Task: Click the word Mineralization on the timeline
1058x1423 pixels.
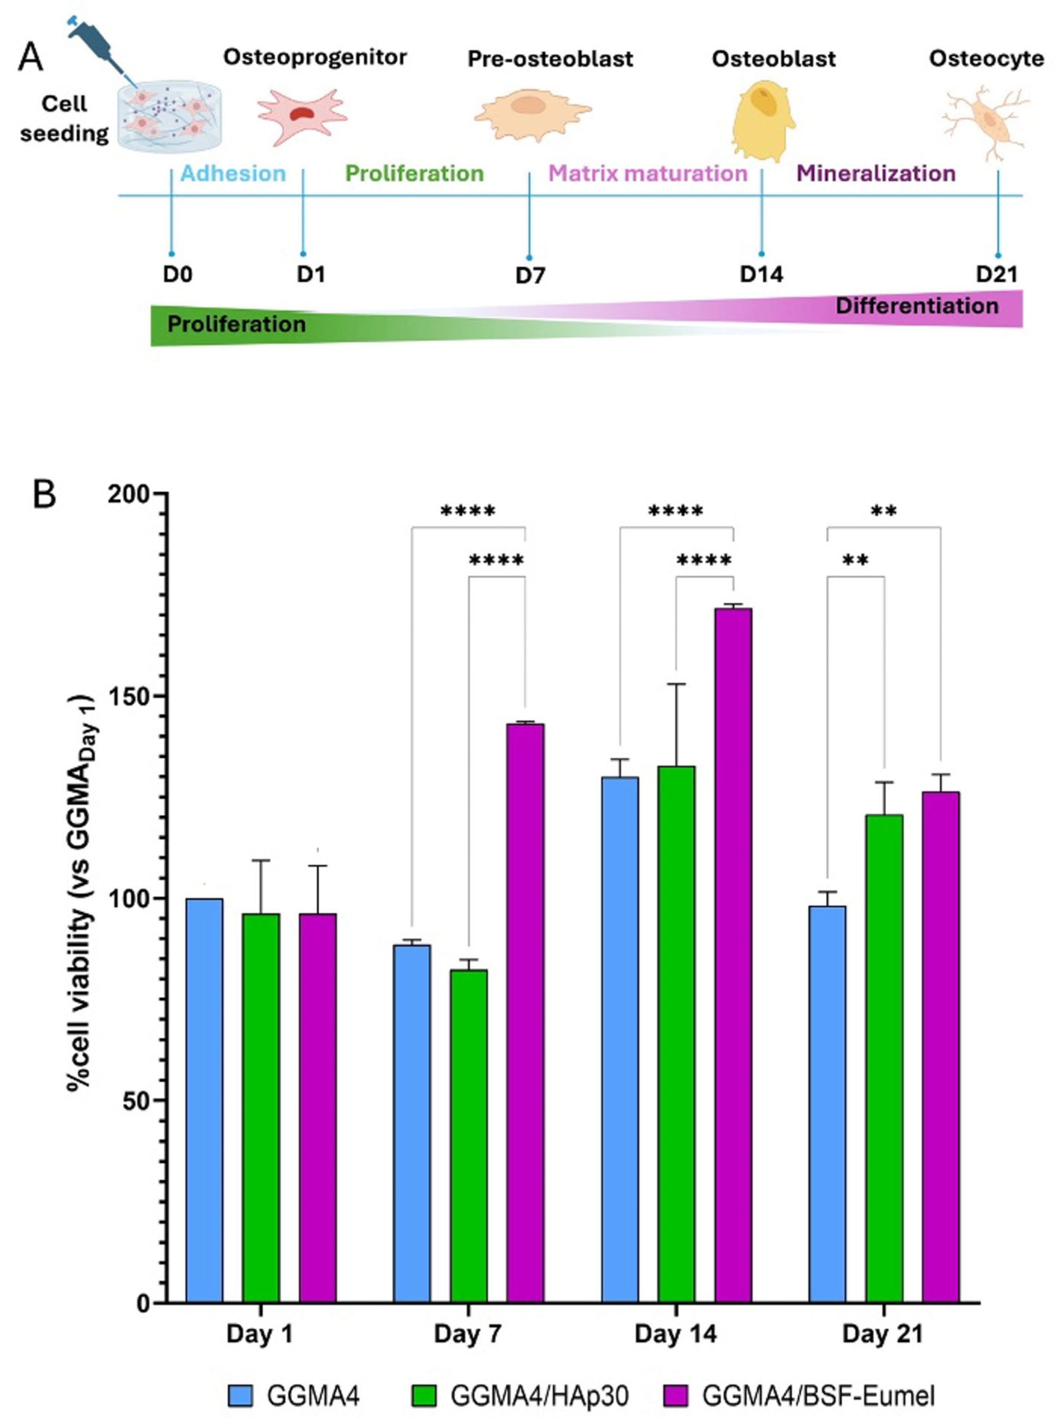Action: point(875,173)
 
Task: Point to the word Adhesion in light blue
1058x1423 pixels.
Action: point(233,173)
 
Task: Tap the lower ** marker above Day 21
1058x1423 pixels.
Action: point(855,561)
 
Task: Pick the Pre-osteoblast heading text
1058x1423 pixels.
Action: point(550,59)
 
